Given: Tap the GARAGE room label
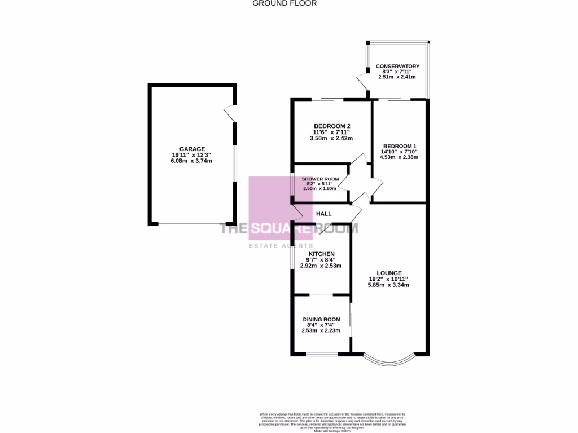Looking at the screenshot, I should pyautogui.click(x=192, y=149).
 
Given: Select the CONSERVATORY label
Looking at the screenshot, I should pyautogui.click(x=397, y=67).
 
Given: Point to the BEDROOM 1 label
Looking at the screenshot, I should pyautogui.click(x=399, y=145).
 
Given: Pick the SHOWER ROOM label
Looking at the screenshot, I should pyautogui.click(x=320, y=179).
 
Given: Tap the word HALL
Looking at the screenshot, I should pyautogui.click(x=323, y=214).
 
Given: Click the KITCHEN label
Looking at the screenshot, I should pyautogui.click(x=321, y=254).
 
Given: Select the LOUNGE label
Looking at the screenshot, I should pyautogui.click(x=388, y=272).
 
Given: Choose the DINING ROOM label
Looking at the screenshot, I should pyautogui.click(x=321, y=319).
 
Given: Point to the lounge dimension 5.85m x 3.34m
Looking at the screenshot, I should pyautogui.click(x=388, y=285).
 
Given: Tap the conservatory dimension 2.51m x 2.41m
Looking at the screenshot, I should pyautogui.click(x=397, y=77).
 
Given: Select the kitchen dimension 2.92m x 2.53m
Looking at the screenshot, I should pyautogui.click(x=321, y=266).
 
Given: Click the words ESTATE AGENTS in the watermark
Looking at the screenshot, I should pyautogui.click(x=281, y=246).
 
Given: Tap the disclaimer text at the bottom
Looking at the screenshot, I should pyautogui.click(x=332, y=421).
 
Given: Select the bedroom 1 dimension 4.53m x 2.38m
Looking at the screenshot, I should pyautogui.click(x=399, y=157).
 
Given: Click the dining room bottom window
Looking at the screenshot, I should pyautogui.click(x=322, y=354).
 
